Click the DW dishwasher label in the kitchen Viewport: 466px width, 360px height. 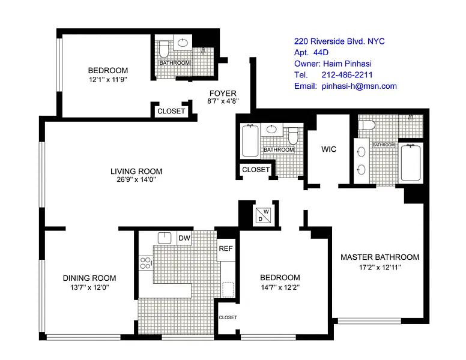pos(184,238)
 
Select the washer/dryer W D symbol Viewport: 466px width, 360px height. pos(263,215)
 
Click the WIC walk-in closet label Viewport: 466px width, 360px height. pos(328,149)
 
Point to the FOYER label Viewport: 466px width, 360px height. pos(223,93)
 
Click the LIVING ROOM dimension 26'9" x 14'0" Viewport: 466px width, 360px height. pos(136,179)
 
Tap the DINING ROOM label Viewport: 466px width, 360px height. pos(89,278)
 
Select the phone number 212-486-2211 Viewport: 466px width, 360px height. pos(347,75)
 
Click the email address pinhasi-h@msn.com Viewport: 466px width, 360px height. pos(359,86)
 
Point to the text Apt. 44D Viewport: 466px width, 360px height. pos(311,53)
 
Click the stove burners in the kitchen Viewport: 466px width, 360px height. pos(145,263)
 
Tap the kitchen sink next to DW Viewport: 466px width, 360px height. pos(165,238)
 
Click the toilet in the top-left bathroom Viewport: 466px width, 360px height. pos(164,49)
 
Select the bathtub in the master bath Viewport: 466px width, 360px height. pos(410,163)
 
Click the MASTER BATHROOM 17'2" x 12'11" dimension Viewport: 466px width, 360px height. pos(380,268)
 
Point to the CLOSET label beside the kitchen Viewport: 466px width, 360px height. pos(228,317)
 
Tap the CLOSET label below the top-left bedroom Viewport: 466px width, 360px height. pos(171,111)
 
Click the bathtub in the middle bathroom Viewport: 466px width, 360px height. pos(250,141)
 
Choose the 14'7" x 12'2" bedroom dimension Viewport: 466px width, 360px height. pos(280,287)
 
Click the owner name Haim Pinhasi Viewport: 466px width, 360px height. pos(347,64)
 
